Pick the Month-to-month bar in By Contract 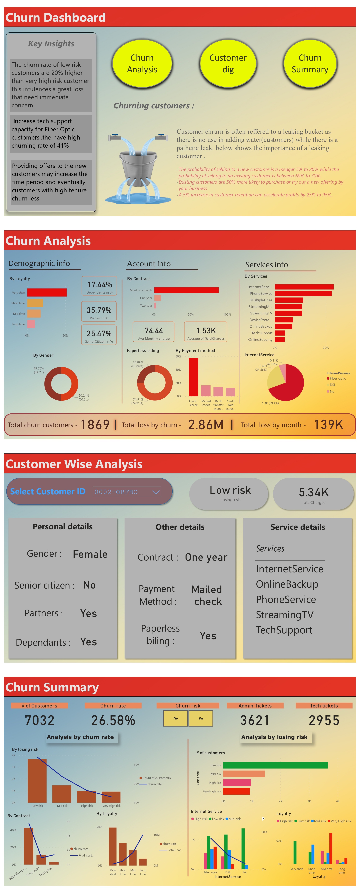pyautogui.click(x=186, y=290)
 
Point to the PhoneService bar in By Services pyautogui.click(x=303, y=294)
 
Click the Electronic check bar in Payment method pyautogui.click(x=193, y=377)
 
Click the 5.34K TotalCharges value pyautogui.click(x=313, y=492)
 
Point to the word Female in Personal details pyautogui.click(x=90, y=554)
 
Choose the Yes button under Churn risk pyautogui.click(x=201, y=718)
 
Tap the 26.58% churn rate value pyautogui.click(x=113, y=720)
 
